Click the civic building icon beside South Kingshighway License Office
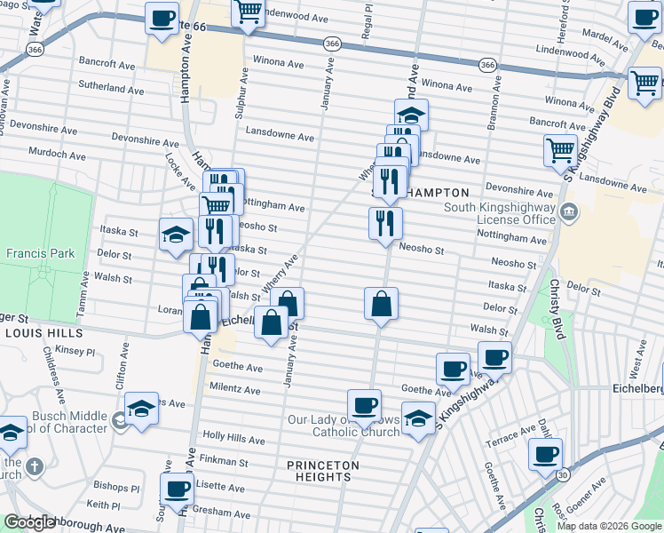(569, 213)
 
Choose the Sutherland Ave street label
(111, 90)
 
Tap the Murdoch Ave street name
(57, 154)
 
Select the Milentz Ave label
(234, 389)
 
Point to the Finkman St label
(224, 461)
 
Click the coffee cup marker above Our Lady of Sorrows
(364, 405)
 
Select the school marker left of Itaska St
(176, 234)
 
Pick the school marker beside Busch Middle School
(141, 408)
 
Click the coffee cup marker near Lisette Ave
(177, 488)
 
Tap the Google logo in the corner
(30, 522)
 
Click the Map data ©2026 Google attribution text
(608, 526)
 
